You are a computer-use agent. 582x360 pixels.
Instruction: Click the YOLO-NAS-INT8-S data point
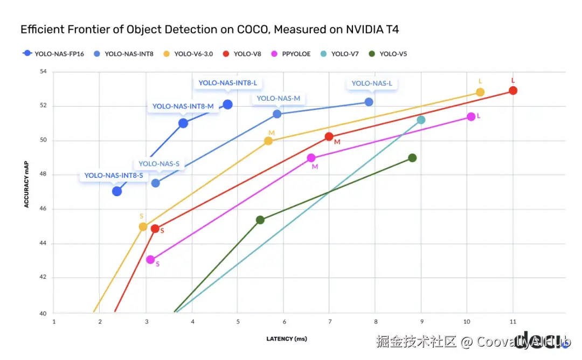[117, 191]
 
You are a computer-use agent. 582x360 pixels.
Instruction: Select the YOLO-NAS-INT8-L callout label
[227, 83]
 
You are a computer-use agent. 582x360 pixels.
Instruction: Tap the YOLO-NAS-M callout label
[278, 98]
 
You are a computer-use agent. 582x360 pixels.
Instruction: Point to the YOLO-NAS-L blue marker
[369, 102]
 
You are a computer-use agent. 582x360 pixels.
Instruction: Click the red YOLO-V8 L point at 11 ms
[513, 91]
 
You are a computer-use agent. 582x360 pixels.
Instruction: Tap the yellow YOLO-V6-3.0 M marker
[268, 141]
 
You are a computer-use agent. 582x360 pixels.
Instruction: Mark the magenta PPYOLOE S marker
[150, 260]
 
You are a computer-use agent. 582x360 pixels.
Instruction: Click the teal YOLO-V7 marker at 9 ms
[421, 120]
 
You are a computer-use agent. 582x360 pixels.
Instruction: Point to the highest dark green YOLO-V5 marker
[412, 158]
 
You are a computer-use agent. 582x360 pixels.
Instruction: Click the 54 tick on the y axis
[43, 72]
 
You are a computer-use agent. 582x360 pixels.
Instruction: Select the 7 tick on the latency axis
[329, 322]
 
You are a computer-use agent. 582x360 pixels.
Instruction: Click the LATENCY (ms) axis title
[286, 339]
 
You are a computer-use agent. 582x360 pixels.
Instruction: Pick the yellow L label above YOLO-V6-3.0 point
[480, 81]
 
